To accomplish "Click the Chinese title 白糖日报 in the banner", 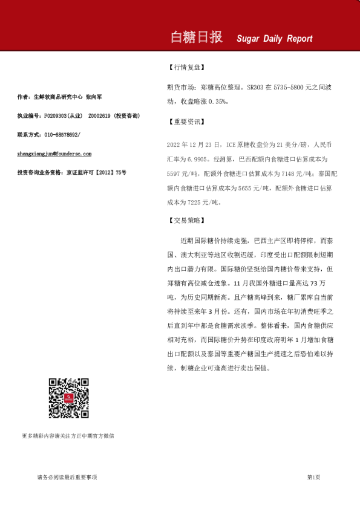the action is (197, 37).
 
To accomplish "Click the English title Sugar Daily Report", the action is (275, 39).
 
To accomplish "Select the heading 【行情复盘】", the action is (186, 68).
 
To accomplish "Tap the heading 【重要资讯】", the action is (186, 122).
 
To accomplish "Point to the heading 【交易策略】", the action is (186, 221).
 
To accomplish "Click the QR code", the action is (69, 398).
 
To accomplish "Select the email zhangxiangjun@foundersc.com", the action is (54, 154).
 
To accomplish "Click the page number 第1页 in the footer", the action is (313, 478).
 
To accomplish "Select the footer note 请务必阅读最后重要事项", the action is (66, 478).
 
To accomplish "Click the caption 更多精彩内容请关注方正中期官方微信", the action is (68, 435).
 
